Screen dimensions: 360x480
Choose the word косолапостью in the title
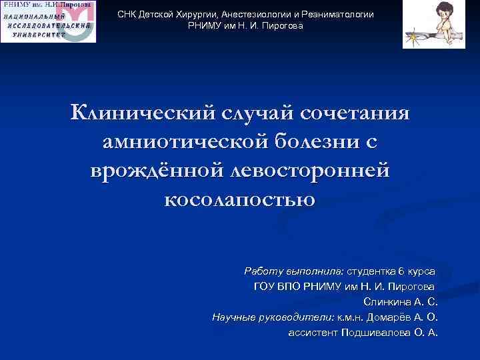239,199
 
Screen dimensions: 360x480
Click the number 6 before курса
401,272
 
